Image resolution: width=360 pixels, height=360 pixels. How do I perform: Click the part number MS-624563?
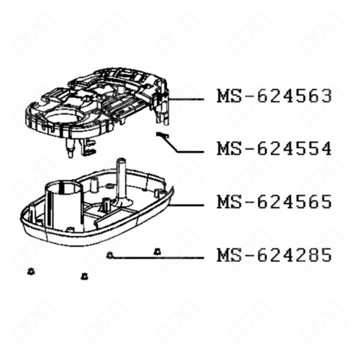[x=273, y=97]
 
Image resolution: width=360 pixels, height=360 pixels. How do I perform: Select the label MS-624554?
[x=273, y=149]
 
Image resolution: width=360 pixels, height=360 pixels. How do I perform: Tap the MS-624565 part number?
[x=273, y=202]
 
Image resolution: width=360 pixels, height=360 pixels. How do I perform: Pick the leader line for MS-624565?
[x=188, y=205]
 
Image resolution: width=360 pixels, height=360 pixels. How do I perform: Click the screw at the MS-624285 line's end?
[x=112, y=255]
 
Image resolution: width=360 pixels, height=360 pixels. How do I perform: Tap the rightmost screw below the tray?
[x=157, y=250]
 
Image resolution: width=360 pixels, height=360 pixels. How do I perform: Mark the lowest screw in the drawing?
[x=84, y=276]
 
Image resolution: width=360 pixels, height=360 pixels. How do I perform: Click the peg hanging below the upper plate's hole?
[x=67, y=151]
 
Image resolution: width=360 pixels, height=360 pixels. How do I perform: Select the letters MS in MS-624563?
[x=227, y=97]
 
